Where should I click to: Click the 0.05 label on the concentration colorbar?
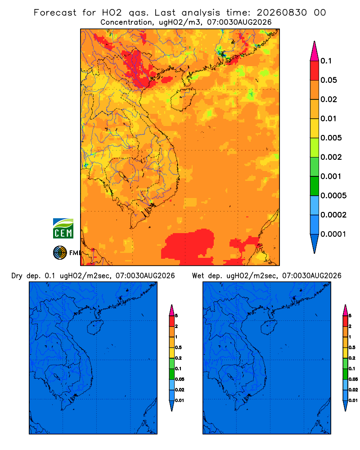pyautogui.click(x=328, y=80)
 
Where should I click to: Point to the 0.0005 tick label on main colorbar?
pyautogui.click(x=333, y=195)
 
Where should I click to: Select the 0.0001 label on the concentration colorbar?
pyautogui.click(x=333, y=234)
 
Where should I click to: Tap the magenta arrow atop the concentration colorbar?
pyautogui.click(x=315, y=51)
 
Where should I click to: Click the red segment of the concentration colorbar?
pyautogui.click(x=315, y=71)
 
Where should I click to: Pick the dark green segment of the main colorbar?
pyautogui.click(x=315, y=186)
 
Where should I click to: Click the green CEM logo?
pyautogui.click(x=63, y=229)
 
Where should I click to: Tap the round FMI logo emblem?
pyautogui.click(x=60, y=253)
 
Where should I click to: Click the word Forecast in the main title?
pyautogui.click(x=55, y=13)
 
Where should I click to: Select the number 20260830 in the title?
pyautogui.click(x=282, y=13)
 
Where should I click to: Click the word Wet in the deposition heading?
pyautogui.click(x=198, y=276)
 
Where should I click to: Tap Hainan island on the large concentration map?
pyautogui.click(x=182, y=99)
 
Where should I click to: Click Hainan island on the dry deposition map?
pyautogui.click(x=95, y=328)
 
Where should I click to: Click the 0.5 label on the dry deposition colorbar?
pyautogui.click(x=178, y=347)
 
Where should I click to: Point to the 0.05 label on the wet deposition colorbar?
pyautogui.click(x=353, y=379)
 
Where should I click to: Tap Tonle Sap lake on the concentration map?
pyautogui.click(x=123, y=175)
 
